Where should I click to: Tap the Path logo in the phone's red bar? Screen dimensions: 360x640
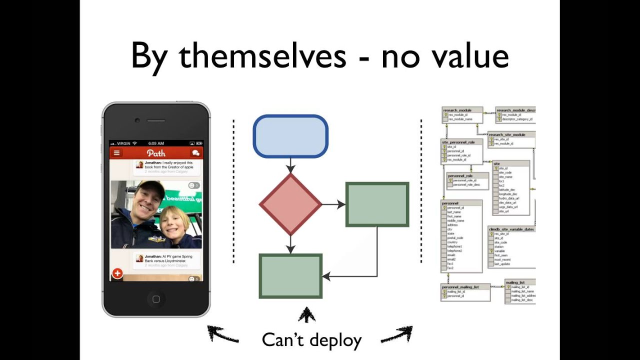click(156, 152)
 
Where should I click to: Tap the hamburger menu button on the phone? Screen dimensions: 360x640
click(117, 152)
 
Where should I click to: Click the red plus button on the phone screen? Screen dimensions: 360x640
click(117, 273)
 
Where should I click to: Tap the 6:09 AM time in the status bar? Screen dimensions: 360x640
click(156, 143)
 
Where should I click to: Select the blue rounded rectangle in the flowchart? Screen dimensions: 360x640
click(290, 136)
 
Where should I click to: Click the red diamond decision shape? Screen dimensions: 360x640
click(290, 204)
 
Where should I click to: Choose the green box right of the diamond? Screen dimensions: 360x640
click(377, 204)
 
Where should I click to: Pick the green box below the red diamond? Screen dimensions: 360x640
click(290, 276)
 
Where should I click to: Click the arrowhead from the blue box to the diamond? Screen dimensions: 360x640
click(290, 168)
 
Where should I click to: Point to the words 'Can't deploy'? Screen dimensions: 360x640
click(311, 340)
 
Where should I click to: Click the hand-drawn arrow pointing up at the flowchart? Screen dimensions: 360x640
click(306, 315)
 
